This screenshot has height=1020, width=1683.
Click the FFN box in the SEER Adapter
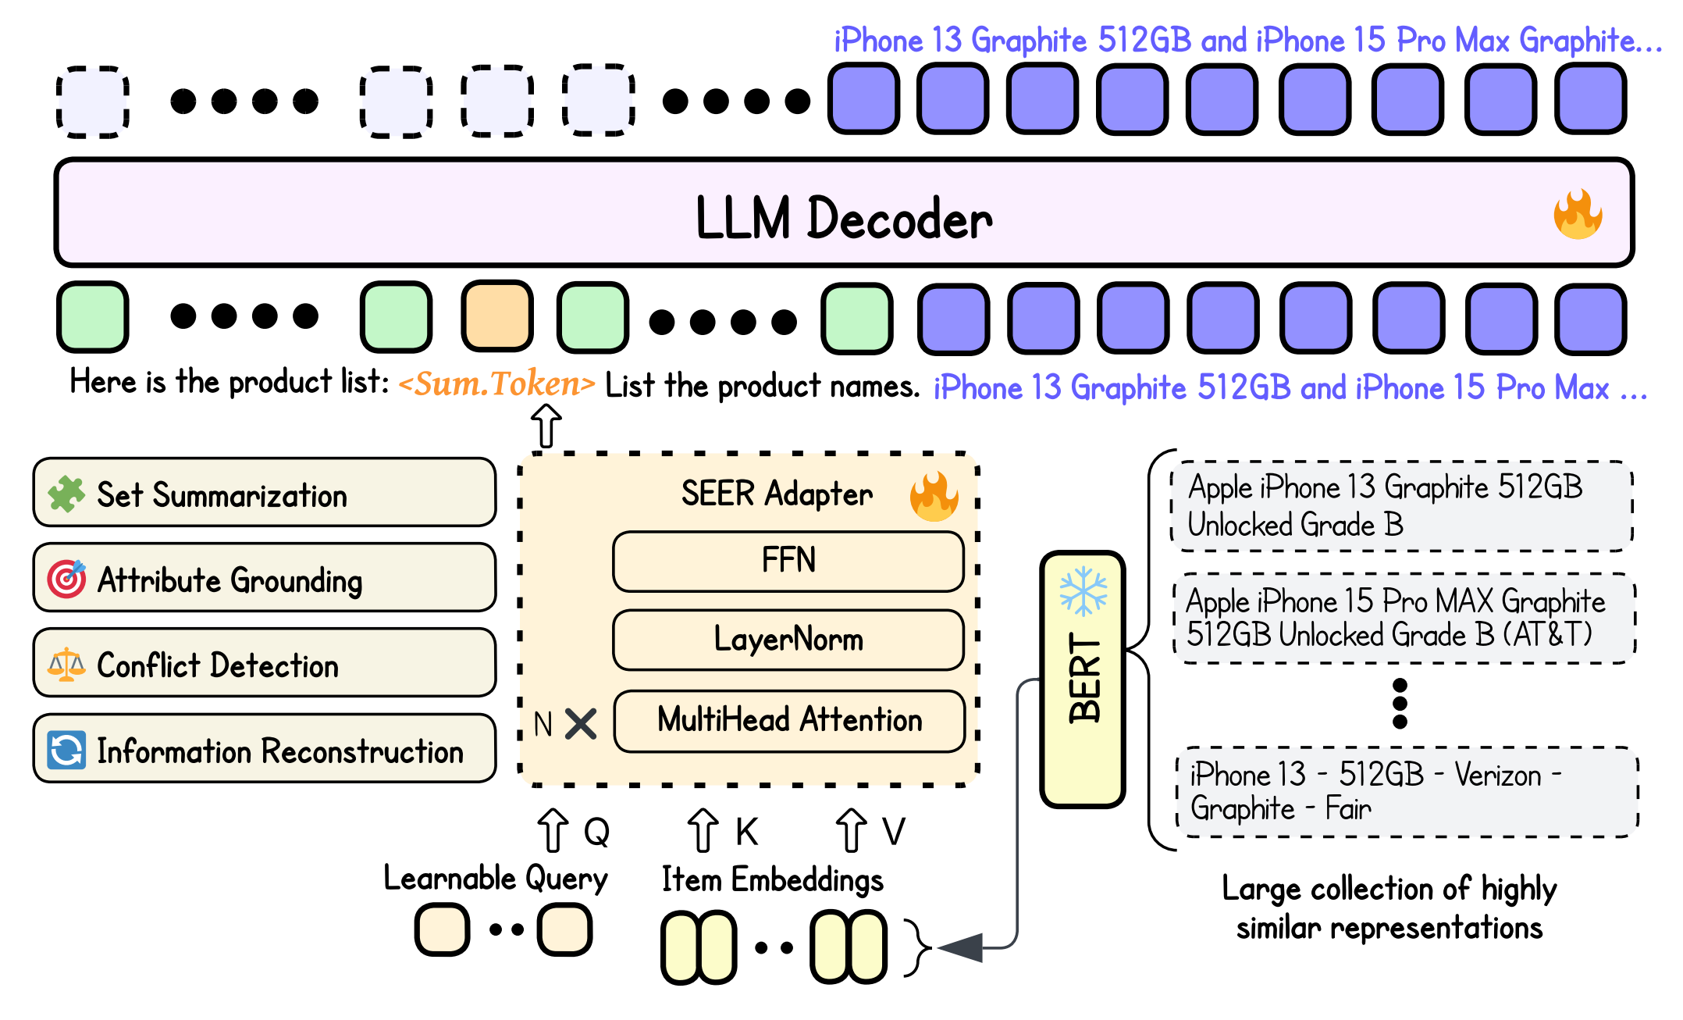tap(788, 562)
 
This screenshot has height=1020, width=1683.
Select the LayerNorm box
tap(788, 640)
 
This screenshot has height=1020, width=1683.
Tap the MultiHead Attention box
tap(789, 720)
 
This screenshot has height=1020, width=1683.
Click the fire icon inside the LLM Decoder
tap(1578, 215)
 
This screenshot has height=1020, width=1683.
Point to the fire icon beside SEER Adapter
tap(934, 496)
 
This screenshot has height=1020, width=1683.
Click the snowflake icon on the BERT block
tap(1083, 591)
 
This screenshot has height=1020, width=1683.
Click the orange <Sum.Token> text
tap(496, 383)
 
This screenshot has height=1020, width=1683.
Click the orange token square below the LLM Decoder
tap(497, 316)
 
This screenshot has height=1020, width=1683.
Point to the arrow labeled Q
tap(553, 830)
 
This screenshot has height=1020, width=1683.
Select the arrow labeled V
tap(851, 830)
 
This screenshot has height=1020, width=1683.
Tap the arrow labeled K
tap(703, 830)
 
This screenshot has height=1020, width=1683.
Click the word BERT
tap(1084, 678)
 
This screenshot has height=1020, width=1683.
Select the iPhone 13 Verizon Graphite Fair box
tap(1406, 792)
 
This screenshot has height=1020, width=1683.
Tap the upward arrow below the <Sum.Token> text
tap(546, 426)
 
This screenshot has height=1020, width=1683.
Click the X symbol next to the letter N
tap(581, 723)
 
